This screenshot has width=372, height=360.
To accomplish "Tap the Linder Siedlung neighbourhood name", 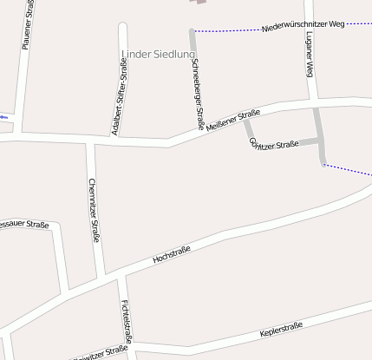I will click(x=159, y=55).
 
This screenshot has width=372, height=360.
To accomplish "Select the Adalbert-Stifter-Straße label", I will click(x=119, y=101).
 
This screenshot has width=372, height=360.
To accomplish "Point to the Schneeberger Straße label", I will click(x=198, y=94).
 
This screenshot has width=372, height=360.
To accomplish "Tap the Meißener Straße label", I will click(x=233, y=119).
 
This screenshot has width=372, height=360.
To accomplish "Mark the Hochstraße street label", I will click(x=172, y=253).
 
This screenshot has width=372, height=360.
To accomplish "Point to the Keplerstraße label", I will click(x=281, y=331).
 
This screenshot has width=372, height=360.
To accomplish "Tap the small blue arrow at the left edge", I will click(x=4, y=116).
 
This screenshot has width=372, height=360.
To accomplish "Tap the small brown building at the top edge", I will click(x=201, y=2).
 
